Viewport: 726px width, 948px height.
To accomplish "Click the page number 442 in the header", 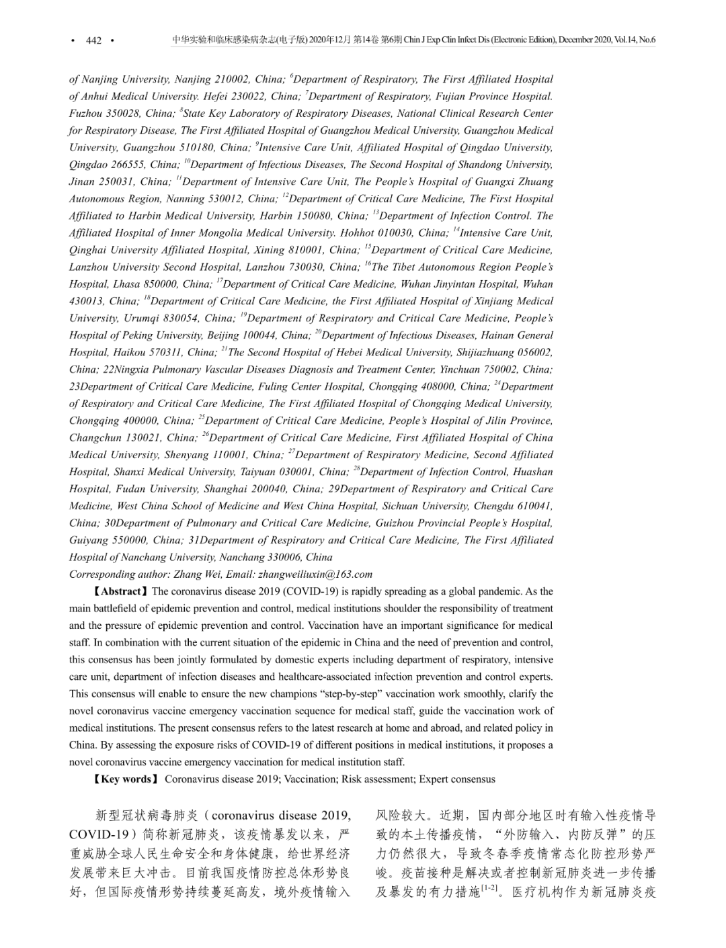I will (93, 40).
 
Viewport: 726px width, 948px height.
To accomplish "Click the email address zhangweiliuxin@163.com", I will (315, 574).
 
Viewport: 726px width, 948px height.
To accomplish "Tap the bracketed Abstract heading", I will (118, 592).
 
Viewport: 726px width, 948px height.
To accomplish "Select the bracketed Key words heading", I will (125, 779).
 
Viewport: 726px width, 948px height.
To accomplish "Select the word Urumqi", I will (145, 318).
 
